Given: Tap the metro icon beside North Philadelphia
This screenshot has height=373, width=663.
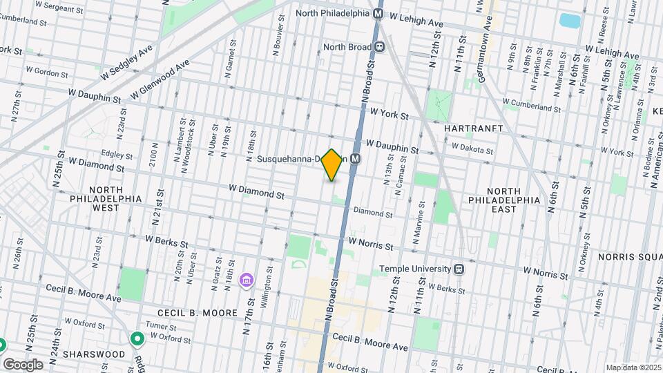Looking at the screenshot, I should tap(379, 13).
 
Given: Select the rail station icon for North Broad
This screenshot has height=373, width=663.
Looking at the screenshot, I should tap(380, 48).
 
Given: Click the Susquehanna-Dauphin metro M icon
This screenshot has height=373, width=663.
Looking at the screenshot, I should tap(356, 158).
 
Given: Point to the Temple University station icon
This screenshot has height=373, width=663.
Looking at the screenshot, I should tap(458, 269).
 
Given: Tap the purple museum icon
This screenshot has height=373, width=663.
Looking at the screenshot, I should tap(245, 280).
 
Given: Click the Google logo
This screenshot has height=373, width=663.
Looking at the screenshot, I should tap(23, 364).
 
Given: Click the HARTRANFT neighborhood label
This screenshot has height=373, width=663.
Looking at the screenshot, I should tap(472, 129).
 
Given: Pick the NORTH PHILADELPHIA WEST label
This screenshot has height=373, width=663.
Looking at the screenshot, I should tap(115, 198).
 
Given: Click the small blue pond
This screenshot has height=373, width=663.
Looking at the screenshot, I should tap(570, 20).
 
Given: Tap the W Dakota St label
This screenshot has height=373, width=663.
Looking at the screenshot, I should tap(472, 147).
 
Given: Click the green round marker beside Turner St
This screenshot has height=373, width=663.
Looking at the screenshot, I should tap(137, 339).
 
